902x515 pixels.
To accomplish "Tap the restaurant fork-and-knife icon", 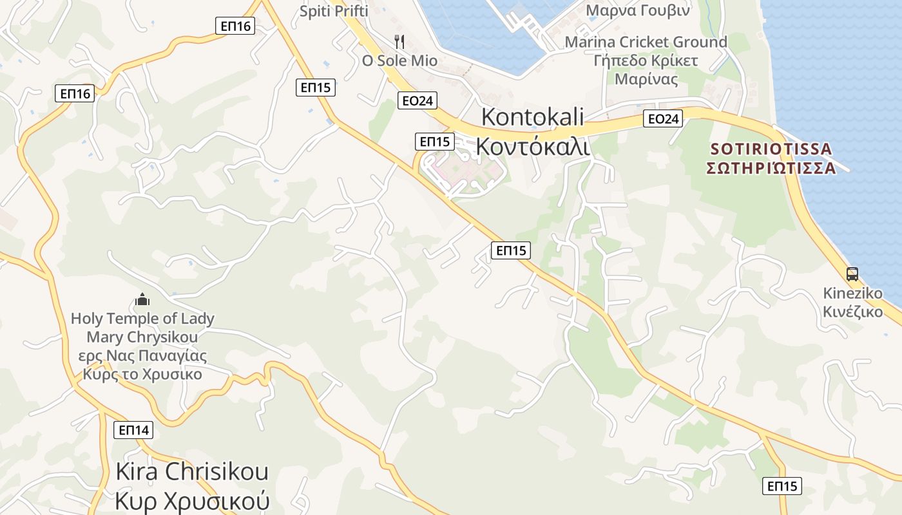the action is pyautogui.click(x=399, y=42).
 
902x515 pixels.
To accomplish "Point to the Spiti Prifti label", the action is pyautogui.click(x=334, y=11).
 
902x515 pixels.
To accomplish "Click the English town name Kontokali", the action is pyautogui.click(x=532, y=117).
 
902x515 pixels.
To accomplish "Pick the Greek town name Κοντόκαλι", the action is pyautogui.click(x=532, y=147).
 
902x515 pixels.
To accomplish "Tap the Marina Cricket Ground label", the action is pyautogui.click(x=646, y=42).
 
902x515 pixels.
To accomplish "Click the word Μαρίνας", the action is pyautogui.click(x=646, y=79).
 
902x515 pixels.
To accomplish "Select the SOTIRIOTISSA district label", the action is pyautogui.click(x=771, y=149).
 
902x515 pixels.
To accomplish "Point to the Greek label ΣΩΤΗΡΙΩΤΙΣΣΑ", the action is pyautogui.click(x=771, y=169).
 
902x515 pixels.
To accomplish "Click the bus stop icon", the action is pyautogui.click(x=852, y=274).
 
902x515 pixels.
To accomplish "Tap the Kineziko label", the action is pyautogui.click(x=852, y=294).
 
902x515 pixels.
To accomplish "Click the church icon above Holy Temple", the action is pyautogui.click(x=142, y=299).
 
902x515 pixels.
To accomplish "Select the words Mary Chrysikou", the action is pyautogui.click(x=142, y=337).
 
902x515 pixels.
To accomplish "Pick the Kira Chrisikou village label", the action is pyautogui.click(x=192, y=472).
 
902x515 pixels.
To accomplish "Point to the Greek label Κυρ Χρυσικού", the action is pyautogui.click(x=192, y=501).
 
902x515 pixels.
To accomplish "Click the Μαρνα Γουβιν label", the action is pyautogui.click(x=638, y=10).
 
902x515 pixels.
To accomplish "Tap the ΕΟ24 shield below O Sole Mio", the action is pyautogui.click(x=417, y=100).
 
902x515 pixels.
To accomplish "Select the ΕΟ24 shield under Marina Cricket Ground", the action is pyautogui.click(x=662, y=118).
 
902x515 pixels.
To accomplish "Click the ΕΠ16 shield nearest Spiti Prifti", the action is pyautogui.click(x=235, y=26).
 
